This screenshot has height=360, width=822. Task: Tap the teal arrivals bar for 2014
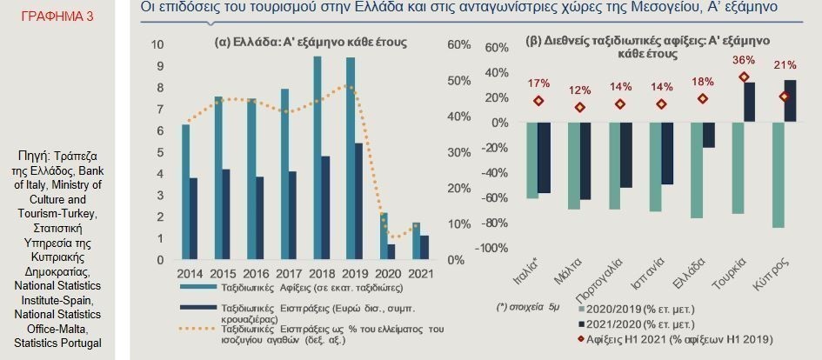click(185, 192)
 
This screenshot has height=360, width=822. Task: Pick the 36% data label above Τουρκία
click(745, 60)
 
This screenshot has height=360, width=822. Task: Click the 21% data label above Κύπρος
click(785, 65)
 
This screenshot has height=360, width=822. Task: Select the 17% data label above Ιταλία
click(539, 83)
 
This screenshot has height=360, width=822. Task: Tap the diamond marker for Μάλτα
click(580, 107)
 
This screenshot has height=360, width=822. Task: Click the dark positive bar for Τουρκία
click(749, 103)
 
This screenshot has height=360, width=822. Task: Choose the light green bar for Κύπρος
click(778, 175)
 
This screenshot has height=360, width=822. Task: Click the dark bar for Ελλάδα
click(708, 135)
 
